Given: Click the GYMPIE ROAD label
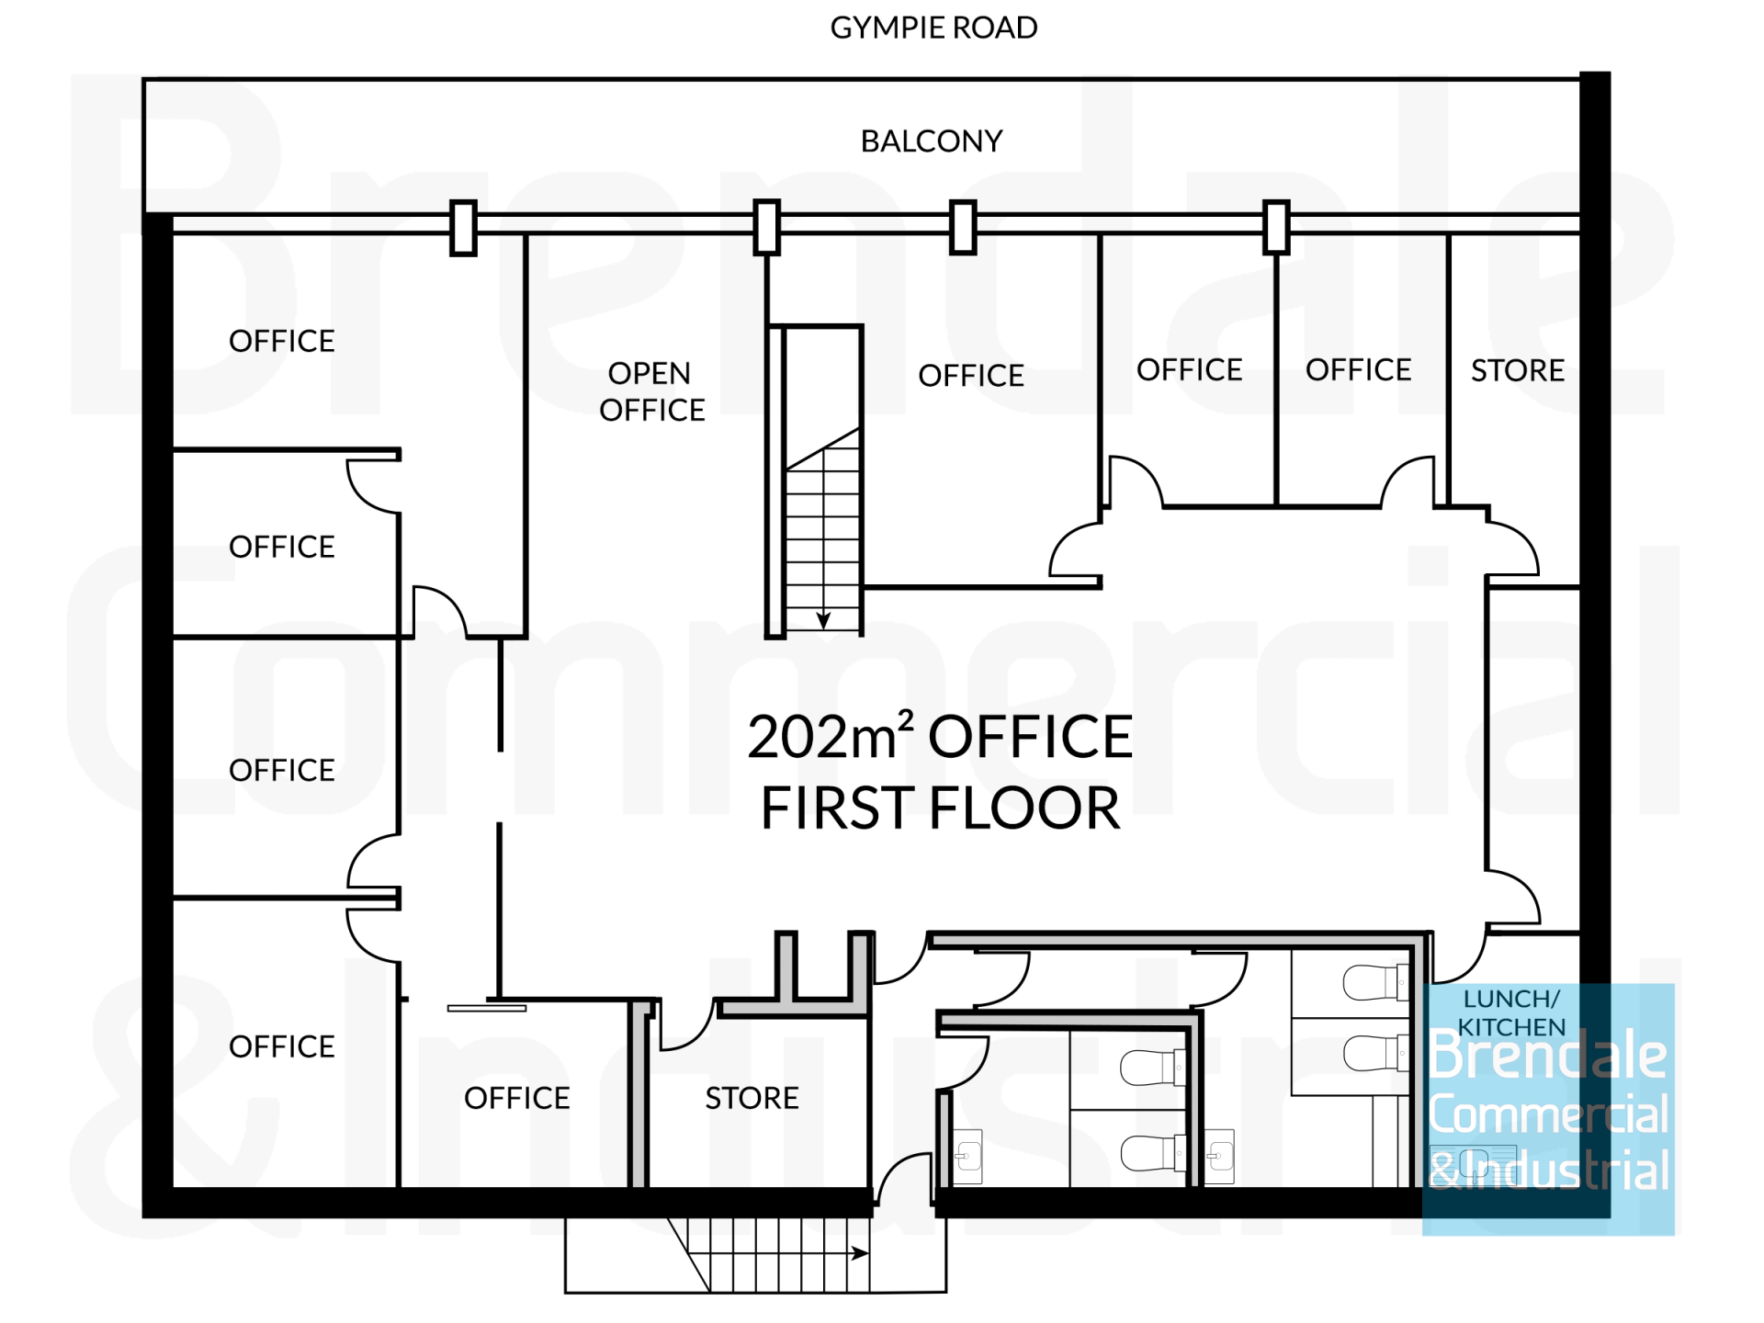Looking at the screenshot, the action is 933,28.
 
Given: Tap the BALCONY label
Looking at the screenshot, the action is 932,141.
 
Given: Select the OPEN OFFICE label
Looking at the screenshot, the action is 652,391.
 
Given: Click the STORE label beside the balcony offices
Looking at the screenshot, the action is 1518,370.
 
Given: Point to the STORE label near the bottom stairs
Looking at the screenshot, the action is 752,1098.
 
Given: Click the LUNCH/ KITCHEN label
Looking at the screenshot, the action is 1511,1012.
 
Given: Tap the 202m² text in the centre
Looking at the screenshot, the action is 831,737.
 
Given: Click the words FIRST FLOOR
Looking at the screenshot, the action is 940,808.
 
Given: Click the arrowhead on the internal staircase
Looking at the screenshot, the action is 823,620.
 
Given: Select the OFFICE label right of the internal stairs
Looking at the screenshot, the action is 971,376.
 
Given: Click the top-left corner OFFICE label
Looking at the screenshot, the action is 282,341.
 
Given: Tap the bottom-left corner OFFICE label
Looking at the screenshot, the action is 282,1046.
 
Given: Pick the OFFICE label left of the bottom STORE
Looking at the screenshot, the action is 517,1098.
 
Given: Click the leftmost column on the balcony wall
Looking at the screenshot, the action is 464,227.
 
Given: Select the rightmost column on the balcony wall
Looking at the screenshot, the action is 1276,227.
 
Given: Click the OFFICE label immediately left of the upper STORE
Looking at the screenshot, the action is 1359,370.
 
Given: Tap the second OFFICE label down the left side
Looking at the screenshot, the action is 282,547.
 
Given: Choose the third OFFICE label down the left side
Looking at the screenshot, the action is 282,770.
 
